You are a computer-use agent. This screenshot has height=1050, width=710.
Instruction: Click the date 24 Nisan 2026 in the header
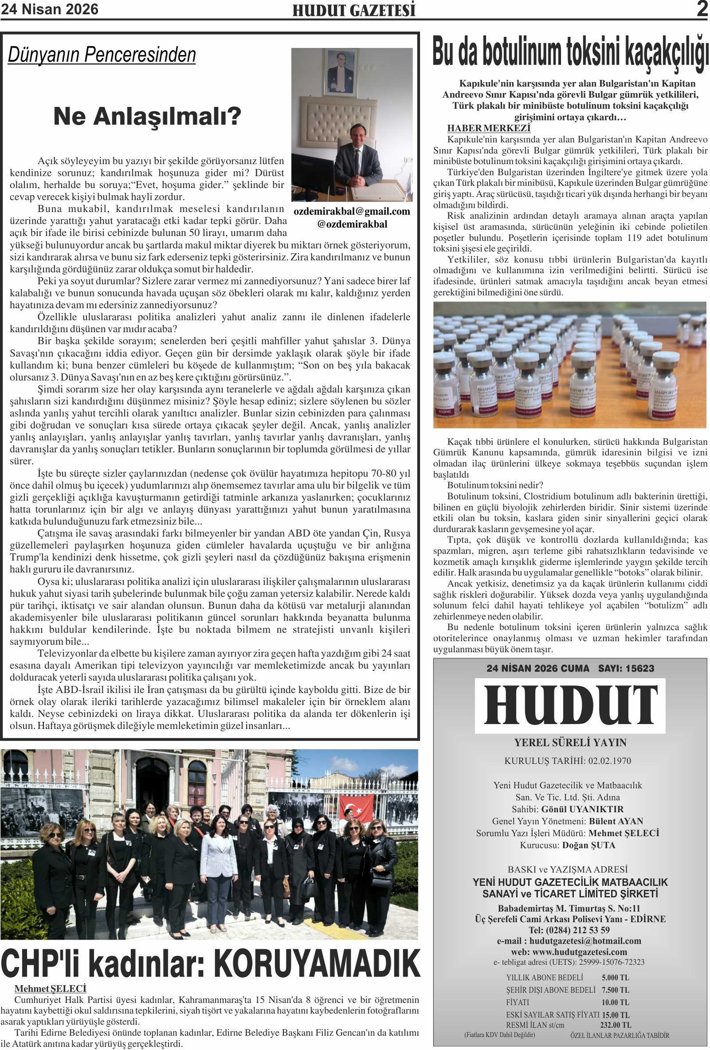(49, 9)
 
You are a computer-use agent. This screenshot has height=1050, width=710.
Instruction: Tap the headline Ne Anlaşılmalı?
(147, 117)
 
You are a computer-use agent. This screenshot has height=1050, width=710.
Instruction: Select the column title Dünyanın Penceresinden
(102, 55)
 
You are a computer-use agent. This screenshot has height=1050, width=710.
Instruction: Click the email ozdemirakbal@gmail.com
(351, 212)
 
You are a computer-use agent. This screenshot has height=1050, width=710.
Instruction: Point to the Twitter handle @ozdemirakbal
(351, 224)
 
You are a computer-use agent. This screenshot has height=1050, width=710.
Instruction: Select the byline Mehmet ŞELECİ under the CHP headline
(50, 988)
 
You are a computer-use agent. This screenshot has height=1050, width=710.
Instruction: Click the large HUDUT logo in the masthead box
(570, 706)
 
